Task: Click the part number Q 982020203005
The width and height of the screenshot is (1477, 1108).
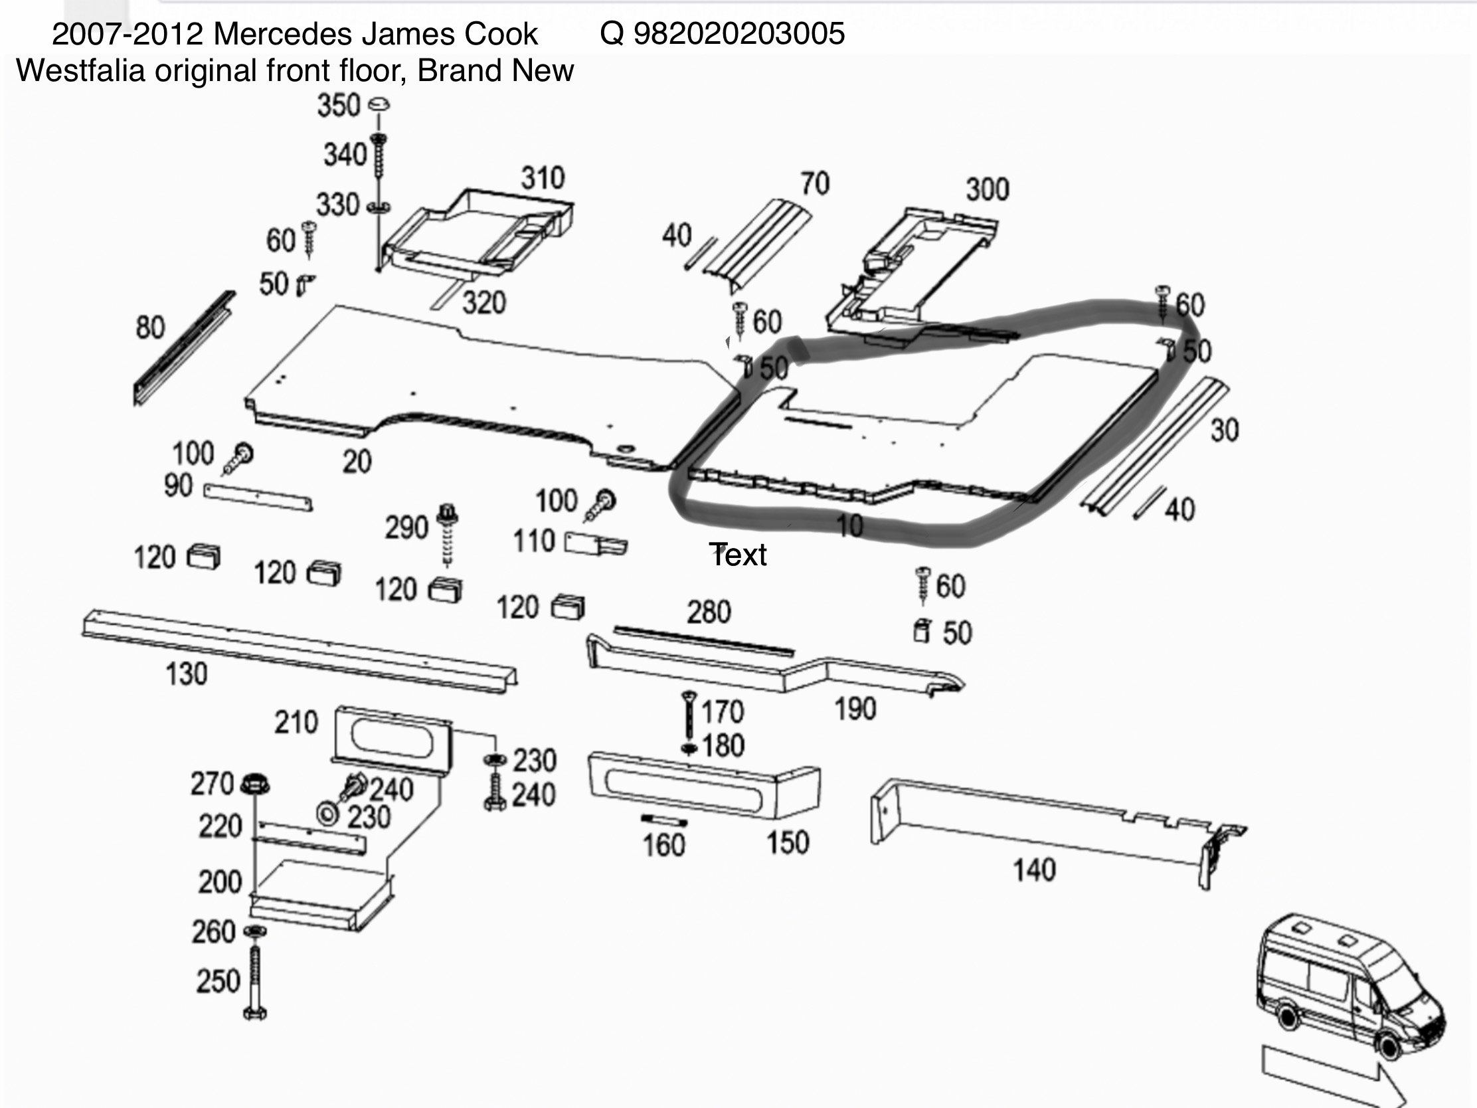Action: point(722,33)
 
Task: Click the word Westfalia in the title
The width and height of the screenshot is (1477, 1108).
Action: point(80,71)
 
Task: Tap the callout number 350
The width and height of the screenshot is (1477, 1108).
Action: point(339,106)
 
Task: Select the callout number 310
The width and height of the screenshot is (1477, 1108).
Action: point(543,178)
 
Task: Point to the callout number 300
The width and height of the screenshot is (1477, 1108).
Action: point(987,190)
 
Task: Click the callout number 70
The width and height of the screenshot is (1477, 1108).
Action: point(815,183)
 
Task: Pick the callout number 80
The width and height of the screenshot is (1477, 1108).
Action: point(150,328)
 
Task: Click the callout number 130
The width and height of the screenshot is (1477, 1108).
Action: point(187,674)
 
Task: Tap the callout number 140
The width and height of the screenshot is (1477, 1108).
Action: point(1034,870)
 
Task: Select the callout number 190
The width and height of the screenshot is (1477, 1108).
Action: point(855,709)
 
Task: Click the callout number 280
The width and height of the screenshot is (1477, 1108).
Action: point(709,612)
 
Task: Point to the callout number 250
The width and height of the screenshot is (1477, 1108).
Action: point(218,981)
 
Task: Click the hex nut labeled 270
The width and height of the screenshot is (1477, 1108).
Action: point(254,783)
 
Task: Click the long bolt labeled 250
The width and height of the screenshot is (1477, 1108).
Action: point(255,982)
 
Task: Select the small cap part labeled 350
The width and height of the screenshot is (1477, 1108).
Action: point(379,104)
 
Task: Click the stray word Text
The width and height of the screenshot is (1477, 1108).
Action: point(738,555)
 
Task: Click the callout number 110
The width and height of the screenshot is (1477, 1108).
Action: point(533,541)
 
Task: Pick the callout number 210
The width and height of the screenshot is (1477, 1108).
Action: point(296,723)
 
